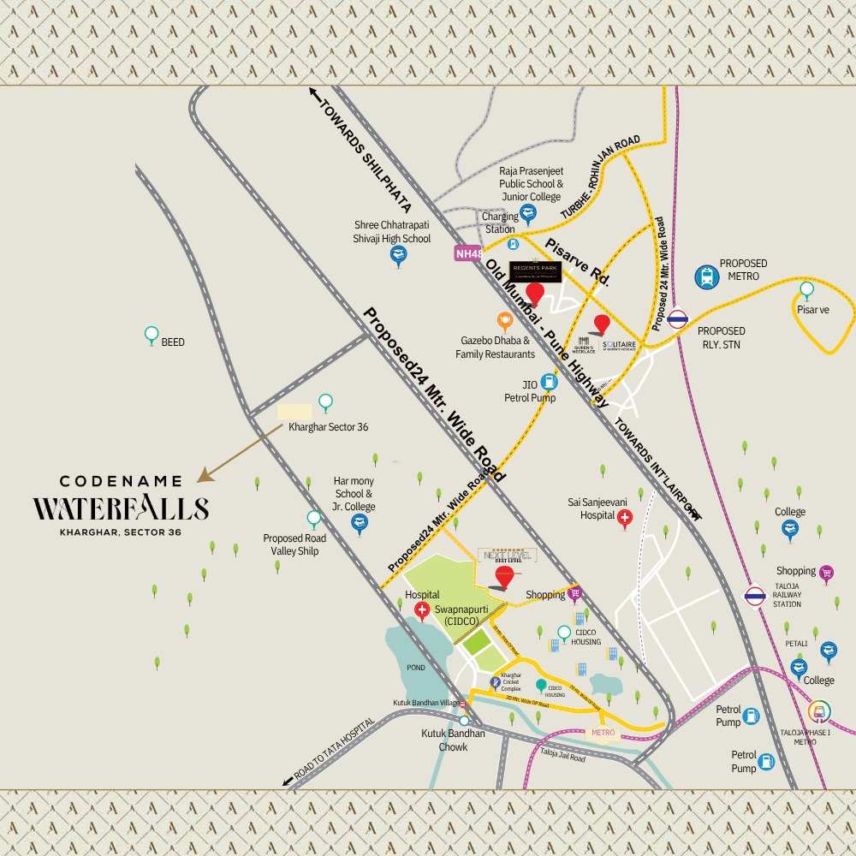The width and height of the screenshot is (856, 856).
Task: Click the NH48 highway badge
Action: (x=468, y=253)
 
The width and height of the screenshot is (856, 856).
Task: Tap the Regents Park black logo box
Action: (x=535, y=270)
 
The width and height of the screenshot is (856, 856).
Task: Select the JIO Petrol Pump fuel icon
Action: (x=549, y=381)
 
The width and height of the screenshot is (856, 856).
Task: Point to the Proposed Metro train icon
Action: (x=706, y=276)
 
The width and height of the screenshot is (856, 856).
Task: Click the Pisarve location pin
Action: (x=806, y=289)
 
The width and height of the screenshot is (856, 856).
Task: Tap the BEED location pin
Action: (x=152, y=334)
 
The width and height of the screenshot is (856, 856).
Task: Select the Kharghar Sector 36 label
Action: (x=328, y=426)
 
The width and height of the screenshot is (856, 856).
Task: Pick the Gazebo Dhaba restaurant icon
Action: (x=504, y=321)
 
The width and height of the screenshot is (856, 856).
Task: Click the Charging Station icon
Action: (x=537, y=244)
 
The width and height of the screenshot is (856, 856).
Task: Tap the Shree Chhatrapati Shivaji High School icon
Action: (x=398, y=254)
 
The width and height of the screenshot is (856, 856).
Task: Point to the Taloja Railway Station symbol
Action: (x=754, y=596)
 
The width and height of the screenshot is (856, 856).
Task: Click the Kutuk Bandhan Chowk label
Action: (x=453, y=740)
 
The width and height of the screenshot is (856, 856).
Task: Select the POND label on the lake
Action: (x=415, y=668)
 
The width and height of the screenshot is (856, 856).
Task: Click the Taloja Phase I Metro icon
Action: (x=817, y=711)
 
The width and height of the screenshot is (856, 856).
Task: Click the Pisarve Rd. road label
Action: (x=576, y=262)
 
